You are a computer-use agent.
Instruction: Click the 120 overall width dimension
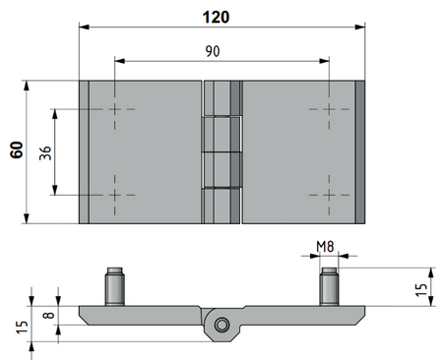216,17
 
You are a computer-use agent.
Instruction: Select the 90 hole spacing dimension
213,51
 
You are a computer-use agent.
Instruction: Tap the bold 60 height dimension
17,150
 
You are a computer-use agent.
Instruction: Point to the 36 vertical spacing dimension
45,153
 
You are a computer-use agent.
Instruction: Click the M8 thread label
325,246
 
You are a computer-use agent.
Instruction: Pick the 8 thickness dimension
49,315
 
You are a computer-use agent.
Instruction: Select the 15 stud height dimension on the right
421,289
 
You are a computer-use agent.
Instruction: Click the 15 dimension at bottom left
22,328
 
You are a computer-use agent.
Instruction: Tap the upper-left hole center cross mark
114,109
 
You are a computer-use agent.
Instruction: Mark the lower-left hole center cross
114,195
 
